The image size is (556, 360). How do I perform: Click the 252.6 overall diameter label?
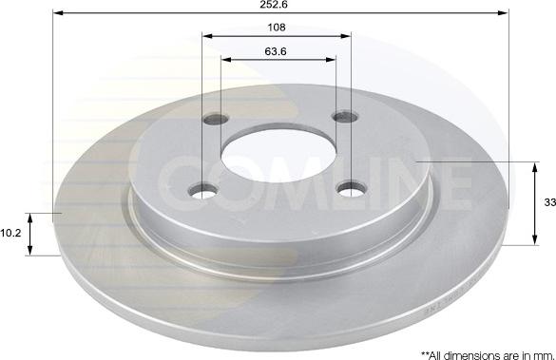[274, 4]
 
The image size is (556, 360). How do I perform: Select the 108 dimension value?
[277, 28]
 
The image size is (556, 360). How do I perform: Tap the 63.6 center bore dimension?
[276, 51]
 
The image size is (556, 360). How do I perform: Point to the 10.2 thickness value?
[10, 233]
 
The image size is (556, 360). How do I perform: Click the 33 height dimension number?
[550, 202]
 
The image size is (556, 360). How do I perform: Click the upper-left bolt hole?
[216, 119]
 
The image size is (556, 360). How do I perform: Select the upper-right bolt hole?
[345, 116]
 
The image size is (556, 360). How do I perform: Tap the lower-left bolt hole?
[204, 191]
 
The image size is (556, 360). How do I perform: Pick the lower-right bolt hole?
[351, 189]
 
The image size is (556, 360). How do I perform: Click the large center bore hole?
[278, 156]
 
